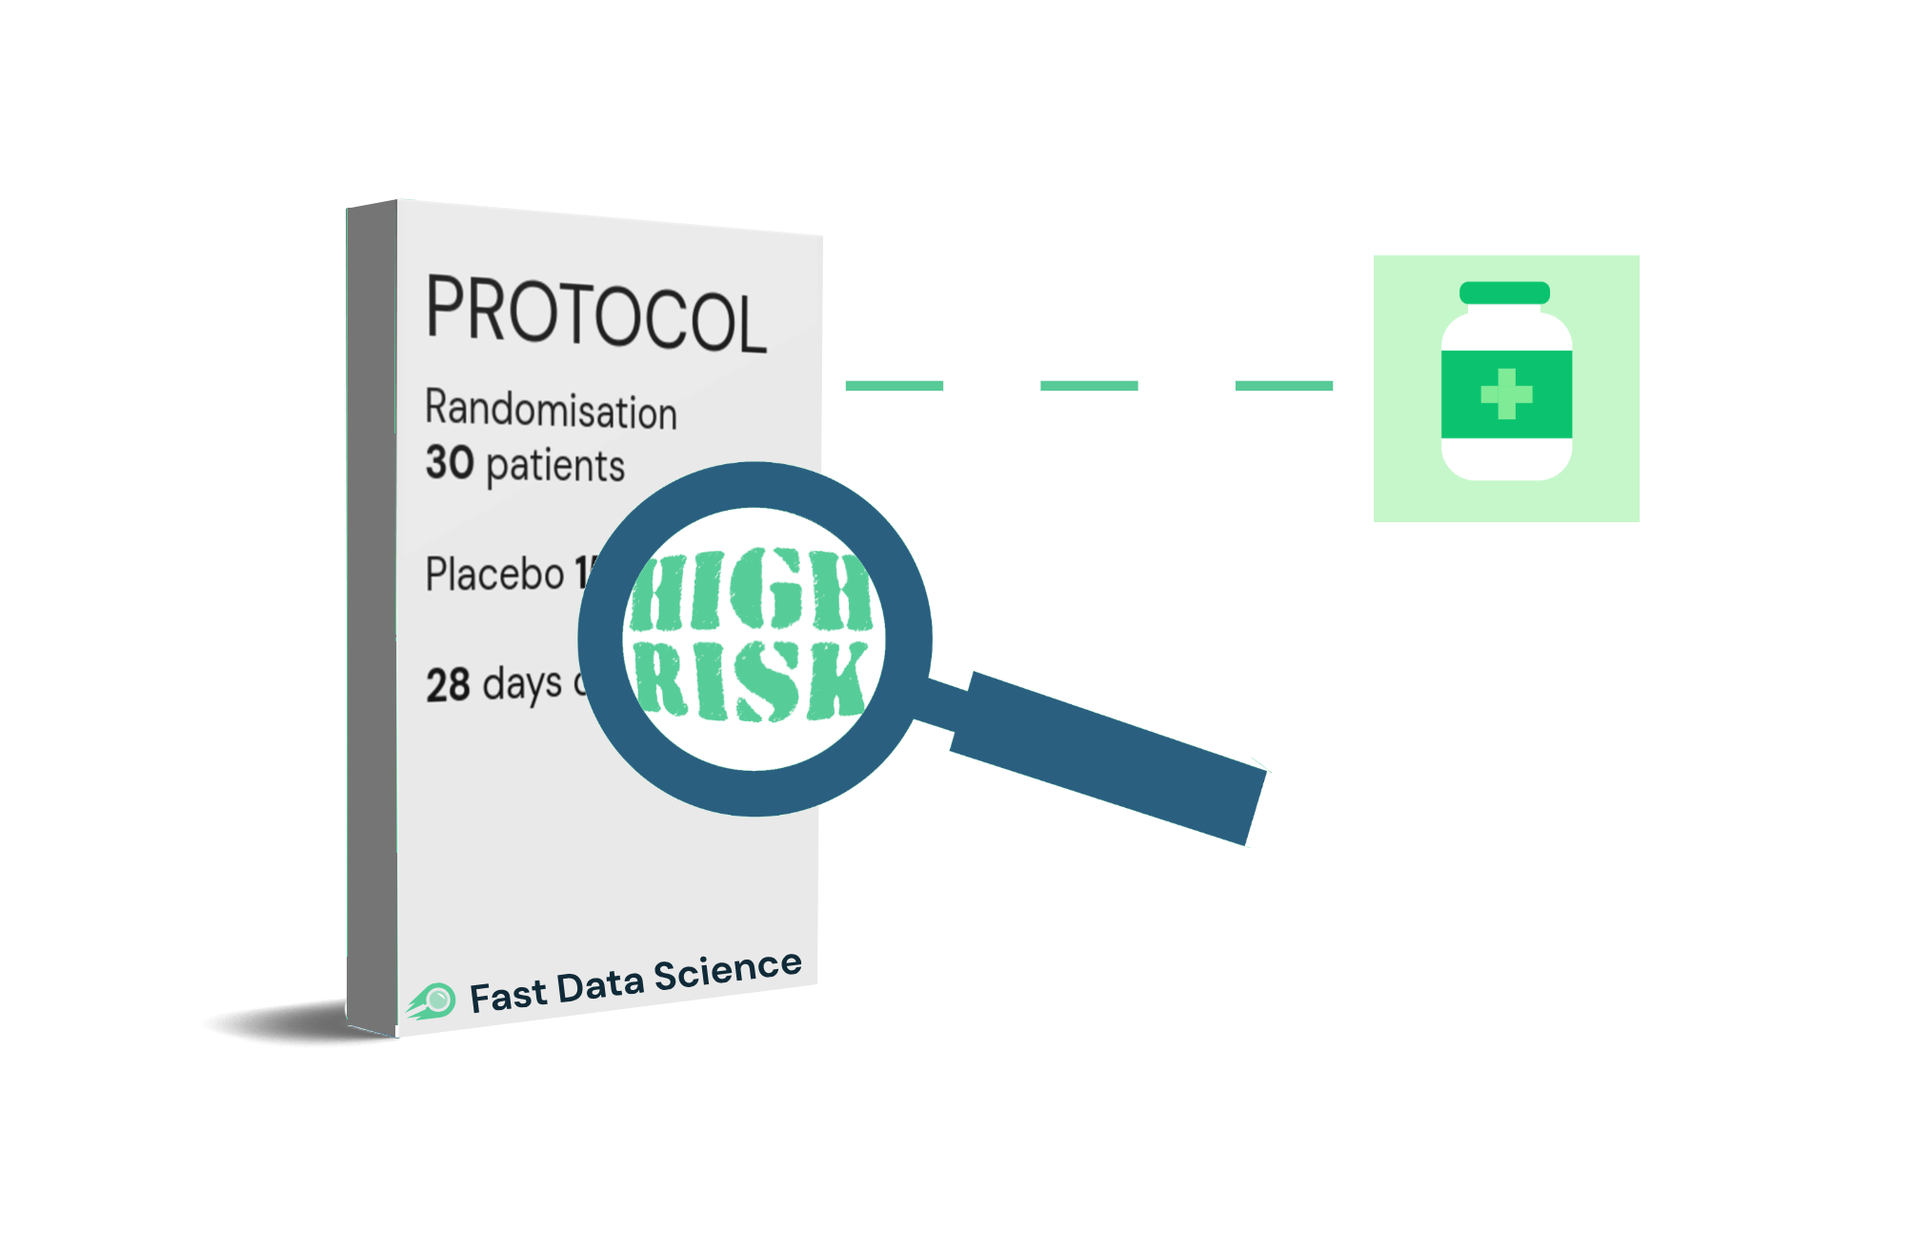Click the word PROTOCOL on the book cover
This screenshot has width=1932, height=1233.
pos(595,313)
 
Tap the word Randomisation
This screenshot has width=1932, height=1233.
pos(551,410)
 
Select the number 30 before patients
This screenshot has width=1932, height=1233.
pos(450,462)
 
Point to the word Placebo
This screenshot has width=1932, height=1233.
pos(494,575)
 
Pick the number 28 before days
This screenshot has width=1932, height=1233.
pos(448,685)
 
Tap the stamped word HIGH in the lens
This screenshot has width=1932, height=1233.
pos(751,590)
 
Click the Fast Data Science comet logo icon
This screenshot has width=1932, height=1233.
pos(433,1001)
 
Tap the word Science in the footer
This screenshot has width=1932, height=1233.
pos(727,971)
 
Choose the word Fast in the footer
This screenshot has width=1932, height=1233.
pos(508,996)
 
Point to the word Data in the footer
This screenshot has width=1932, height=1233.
pos(600,985)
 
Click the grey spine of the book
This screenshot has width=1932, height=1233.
pos(372,619)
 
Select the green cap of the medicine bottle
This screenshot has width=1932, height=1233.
pos(1504,293)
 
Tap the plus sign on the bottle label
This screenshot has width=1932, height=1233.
pos(1506,394)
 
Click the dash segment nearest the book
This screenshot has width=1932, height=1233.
pos(894,386)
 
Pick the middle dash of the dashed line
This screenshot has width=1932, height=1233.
pos(1089,386)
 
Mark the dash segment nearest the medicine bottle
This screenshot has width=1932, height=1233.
pos(1283,386)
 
